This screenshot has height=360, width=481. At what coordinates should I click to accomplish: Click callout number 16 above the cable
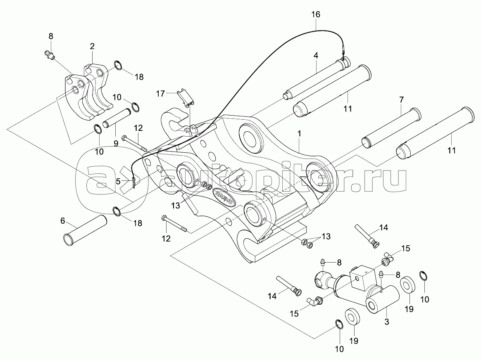pos(315,14)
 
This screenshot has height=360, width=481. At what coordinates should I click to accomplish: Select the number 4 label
pos(315,55)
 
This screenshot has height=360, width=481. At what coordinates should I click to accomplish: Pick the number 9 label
pos(116,144)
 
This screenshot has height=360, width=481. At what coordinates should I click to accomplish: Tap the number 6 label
pos(63,221)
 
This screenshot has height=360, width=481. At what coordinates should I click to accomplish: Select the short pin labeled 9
pos(117,118)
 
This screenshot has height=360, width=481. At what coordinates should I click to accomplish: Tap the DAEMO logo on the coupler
pos(223,193)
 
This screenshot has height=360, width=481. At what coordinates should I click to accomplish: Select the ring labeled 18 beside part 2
pos(118,65)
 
